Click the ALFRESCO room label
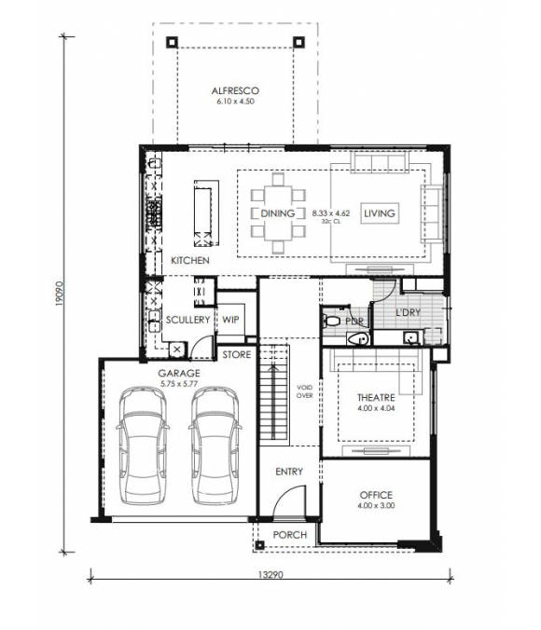tap(234, 90)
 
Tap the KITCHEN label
tap(190, 260)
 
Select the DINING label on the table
tap(278, 213)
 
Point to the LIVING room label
tap(380, 213)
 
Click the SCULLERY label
tap(188, 320)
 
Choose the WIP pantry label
tap(231, 320)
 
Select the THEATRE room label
tap(376, 397)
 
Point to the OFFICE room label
tap(376, 495)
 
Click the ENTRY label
tap(289, 472)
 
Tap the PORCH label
tap(289, 534)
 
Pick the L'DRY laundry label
tap(409, 311)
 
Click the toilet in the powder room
tap(333, 321)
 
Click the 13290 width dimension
tap(270, 575)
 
